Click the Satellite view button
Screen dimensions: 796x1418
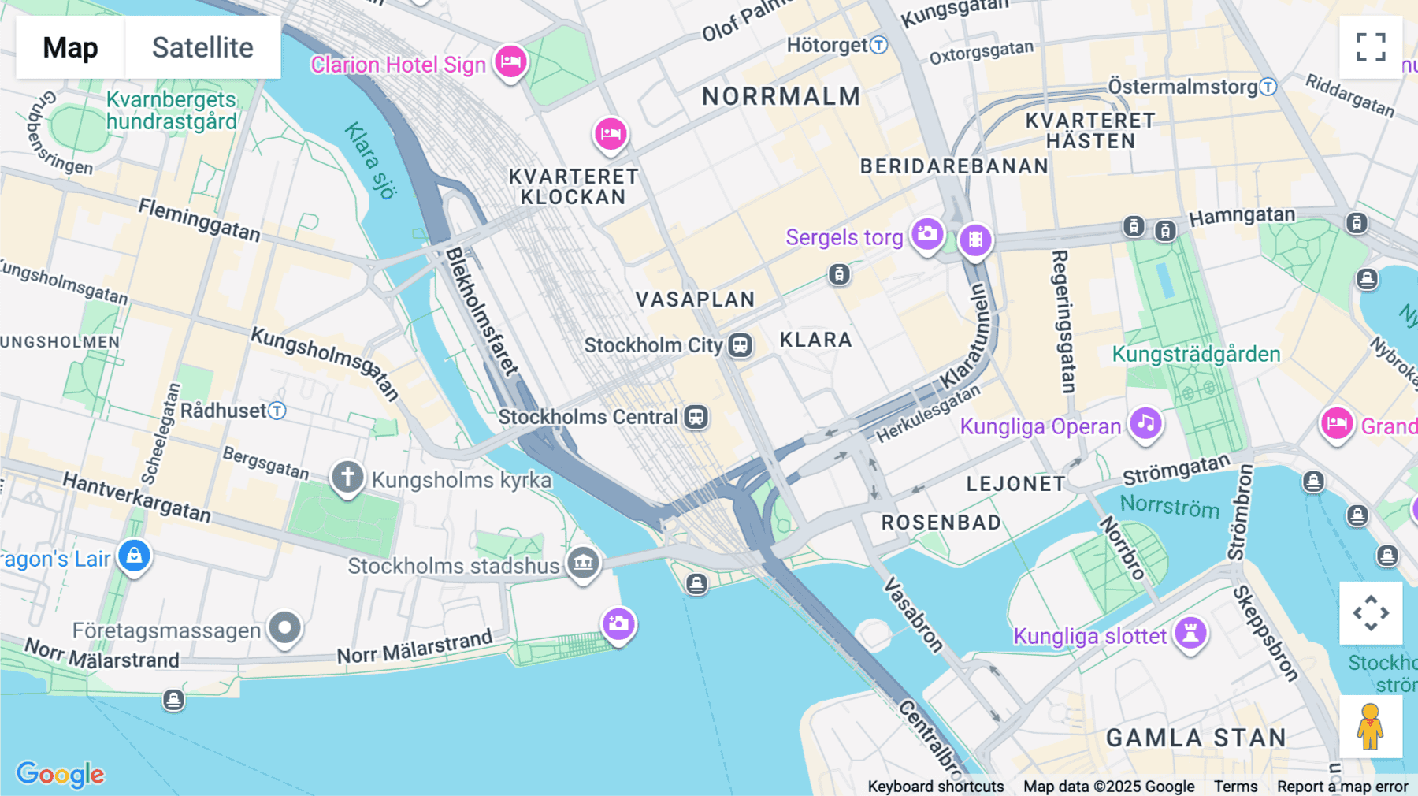(202, 47)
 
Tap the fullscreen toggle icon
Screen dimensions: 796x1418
(1371, 47)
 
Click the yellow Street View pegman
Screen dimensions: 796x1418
(1371, 726)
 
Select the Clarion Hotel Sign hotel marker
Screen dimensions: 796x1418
(510, 61)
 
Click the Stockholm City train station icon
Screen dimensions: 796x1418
(740, 345)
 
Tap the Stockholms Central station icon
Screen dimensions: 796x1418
(696, 417)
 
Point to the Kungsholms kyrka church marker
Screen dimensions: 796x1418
(347, 477)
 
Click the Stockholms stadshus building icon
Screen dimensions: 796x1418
(584, 563)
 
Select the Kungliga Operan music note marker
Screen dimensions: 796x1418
(1146, 423)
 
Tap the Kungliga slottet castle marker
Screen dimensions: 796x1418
(1190, 633)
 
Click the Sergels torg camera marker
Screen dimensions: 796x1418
(927, 234)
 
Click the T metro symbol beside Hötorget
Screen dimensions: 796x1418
(879, 45)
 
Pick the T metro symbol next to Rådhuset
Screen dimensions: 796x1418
(277, 411)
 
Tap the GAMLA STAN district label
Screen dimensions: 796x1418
(1196, 738)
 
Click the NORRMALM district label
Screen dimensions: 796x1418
(781, 96)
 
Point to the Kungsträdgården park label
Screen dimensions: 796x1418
(1196, 354)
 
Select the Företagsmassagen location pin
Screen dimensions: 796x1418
(284, 628)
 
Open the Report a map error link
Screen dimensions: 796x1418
(1342, 786)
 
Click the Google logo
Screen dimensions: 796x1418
(60, 774)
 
